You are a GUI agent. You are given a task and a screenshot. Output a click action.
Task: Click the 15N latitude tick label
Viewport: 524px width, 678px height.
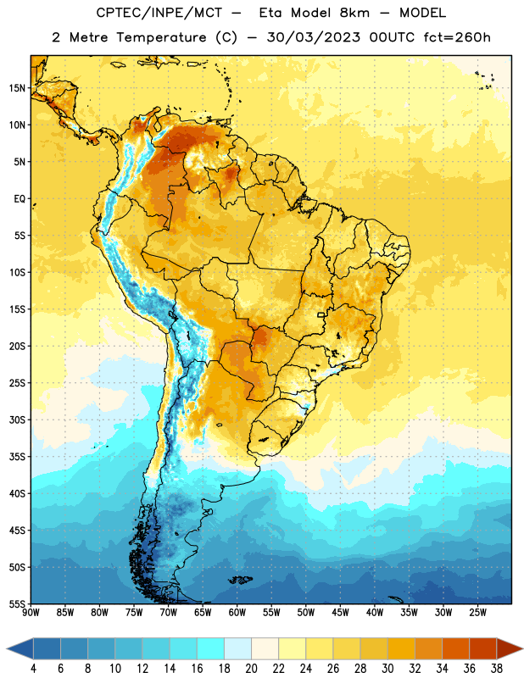17,88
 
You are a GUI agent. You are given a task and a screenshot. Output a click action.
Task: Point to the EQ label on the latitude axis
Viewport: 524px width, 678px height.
20,199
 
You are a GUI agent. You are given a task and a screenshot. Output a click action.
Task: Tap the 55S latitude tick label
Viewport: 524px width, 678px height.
17,603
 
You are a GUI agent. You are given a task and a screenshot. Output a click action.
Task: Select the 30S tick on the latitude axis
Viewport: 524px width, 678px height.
17,420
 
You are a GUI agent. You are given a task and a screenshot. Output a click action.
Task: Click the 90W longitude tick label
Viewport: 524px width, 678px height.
31,612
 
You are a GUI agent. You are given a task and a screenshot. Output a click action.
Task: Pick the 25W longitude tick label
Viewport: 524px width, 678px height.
477,612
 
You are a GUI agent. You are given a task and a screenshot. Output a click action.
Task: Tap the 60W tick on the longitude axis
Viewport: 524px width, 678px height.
237,612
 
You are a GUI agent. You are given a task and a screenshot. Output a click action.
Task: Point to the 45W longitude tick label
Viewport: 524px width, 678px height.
340,612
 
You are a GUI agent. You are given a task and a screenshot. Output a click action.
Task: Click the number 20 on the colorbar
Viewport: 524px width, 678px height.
251,669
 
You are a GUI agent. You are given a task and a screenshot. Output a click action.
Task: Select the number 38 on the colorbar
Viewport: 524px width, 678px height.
497,669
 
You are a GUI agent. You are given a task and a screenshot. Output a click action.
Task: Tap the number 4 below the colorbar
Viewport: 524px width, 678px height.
33,669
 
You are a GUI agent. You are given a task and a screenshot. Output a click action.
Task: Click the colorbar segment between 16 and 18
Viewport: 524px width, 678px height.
210,648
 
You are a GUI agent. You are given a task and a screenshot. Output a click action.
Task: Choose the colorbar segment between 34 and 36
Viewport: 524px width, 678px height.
455,648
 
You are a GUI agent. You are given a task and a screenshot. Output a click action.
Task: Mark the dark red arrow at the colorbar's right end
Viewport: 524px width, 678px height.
509,648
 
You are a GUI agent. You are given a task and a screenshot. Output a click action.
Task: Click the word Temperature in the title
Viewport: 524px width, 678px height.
161,37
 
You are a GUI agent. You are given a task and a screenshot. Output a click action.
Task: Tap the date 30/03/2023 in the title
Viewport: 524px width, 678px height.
313,37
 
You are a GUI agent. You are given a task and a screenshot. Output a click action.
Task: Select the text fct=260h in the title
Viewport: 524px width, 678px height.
457,37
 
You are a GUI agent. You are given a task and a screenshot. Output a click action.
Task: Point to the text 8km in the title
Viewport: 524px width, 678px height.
354,13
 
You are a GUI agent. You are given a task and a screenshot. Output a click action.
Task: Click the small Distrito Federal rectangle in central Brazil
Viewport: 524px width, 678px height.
321,314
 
